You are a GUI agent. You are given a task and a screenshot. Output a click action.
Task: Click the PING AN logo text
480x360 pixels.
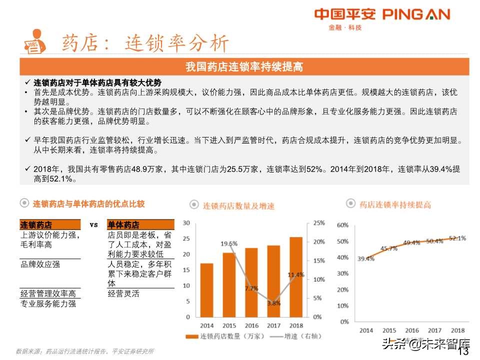(416, 14)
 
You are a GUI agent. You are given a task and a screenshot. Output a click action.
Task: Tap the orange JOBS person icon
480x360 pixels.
(34, 41)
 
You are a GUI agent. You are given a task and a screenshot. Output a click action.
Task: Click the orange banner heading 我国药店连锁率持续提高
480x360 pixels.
(244, 67)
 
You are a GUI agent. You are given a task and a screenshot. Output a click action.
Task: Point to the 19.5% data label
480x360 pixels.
(229, 244)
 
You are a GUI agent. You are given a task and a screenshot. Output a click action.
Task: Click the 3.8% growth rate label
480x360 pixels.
(273, 303)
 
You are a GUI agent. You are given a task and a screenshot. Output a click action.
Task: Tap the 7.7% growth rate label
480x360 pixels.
(251, 288)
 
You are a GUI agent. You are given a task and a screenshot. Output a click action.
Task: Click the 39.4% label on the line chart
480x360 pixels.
(365, 258)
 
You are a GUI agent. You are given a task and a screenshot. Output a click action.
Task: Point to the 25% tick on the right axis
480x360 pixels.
(319, 223)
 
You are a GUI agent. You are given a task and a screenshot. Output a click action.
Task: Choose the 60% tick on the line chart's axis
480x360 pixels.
(342, 225)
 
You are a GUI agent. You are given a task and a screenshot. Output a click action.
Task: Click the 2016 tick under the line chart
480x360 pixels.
(412, 330)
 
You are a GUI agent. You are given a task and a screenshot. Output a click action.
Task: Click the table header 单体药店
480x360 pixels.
(123, 225)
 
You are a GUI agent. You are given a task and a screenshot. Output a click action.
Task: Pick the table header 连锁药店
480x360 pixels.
(36, 225)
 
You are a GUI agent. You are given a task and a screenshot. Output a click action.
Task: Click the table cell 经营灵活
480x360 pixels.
(123, 293)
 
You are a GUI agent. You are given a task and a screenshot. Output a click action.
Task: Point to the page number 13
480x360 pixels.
(463, 351)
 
